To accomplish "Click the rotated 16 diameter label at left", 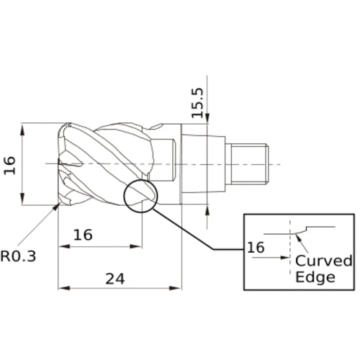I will pyautogui.click(x=10, y=165).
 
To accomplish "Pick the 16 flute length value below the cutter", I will pyautogui.click(x=83, y=235).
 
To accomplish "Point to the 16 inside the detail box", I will pyautogui.click(x=256, y=248).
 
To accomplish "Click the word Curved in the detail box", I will pyautogui.click(x=324, y=261).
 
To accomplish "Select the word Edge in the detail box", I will pyautogui.click(x=315, y=277).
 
